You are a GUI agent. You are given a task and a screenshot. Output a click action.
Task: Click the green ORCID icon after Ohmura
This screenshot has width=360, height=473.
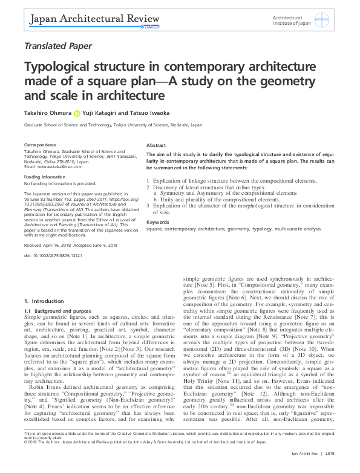tap(77, 113)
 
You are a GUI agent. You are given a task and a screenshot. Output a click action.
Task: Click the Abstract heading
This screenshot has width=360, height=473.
tap(156, 146)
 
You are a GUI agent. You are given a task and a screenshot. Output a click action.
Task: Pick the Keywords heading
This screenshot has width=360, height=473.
tap(158, 222)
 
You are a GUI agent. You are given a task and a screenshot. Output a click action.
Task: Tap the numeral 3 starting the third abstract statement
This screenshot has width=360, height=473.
tap(148, 206)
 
